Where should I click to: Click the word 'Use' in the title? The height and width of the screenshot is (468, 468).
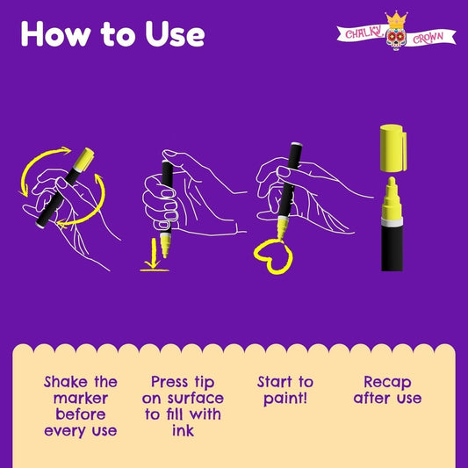tap(175, 34)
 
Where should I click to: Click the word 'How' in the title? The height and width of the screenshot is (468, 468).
tap(55, 33)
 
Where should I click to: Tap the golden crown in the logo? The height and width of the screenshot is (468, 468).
tap(396, 19)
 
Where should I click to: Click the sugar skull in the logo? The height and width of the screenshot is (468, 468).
tap(396, 39)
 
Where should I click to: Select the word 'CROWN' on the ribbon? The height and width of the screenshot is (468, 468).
tap(428, 38)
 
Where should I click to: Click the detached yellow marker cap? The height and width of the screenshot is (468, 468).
tap(393, 148)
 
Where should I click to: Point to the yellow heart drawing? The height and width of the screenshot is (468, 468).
tap(273, 256)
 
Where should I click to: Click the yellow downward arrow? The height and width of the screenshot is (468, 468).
tap(153, 253)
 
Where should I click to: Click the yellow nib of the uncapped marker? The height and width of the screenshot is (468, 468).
tap(392, 198)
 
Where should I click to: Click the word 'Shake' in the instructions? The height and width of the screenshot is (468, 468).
tap(66, 382)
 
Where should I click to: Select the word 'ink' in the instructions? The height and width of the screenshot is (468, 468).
tap(183, 430)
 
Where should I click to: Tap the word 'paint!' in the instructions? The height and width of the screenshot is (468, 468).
tap(285, 399)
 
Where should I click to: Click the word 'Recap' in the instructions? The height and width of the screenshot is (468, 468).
tap(387, 383)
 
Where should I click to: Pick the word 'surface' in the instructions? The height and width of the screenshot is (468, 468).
tap(196, 398)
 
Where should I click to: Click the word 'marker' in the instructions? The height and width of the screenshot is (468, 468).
tap(81, 398)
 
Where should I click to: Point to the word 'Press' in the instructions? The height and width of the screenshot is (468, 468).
tap(169, 382)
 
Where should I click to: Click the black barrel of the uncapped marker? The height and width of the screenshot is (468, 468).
tap(392, 248)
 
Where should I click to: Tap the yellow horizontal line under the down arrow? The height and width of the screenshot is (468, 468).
tap(155, 270)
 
